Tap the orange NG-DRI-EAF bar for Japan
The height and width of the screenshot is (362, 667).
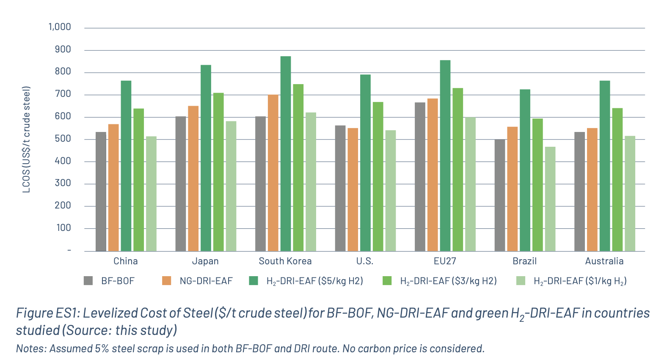(x=193, y=178)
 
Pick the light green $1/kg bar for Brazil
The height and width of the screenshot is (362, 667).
(x=550, y=199)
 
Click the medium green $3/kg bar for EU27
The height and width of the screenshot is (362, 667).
(x=458, y=170)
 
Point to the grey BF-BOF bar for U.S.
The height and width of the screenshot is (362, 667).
(x=340, y=188)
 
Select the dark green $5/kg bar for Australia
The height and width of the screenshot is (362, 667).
(x=605, y=166)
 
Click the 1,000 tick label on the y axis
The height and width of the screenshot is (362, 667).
(x=60, y=27)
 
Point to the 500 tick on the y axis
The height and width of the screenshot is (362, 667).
(x=63, y=139)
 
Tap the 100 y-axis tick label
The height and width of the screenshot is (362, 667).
(x=63, y=228)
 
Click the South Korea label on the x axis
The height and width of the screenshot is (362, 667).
(x=285, y=261)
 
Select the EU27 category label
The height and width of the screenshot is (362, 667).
(x=445, y=261)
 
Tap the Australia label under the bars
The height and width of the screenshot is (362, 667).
(x=604, y=261)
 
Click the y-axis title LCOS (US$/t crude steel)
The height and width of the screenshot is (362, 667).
(x=27, y=140)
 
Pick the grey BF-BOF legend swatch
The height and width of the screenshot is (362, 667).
(x=88, y=281)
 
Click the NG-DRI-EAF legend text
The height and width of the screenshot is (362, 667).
(x=206, y=281)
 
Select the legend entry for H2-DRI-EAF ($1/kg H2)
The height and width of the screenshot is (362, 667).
(x=580, y=281)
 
